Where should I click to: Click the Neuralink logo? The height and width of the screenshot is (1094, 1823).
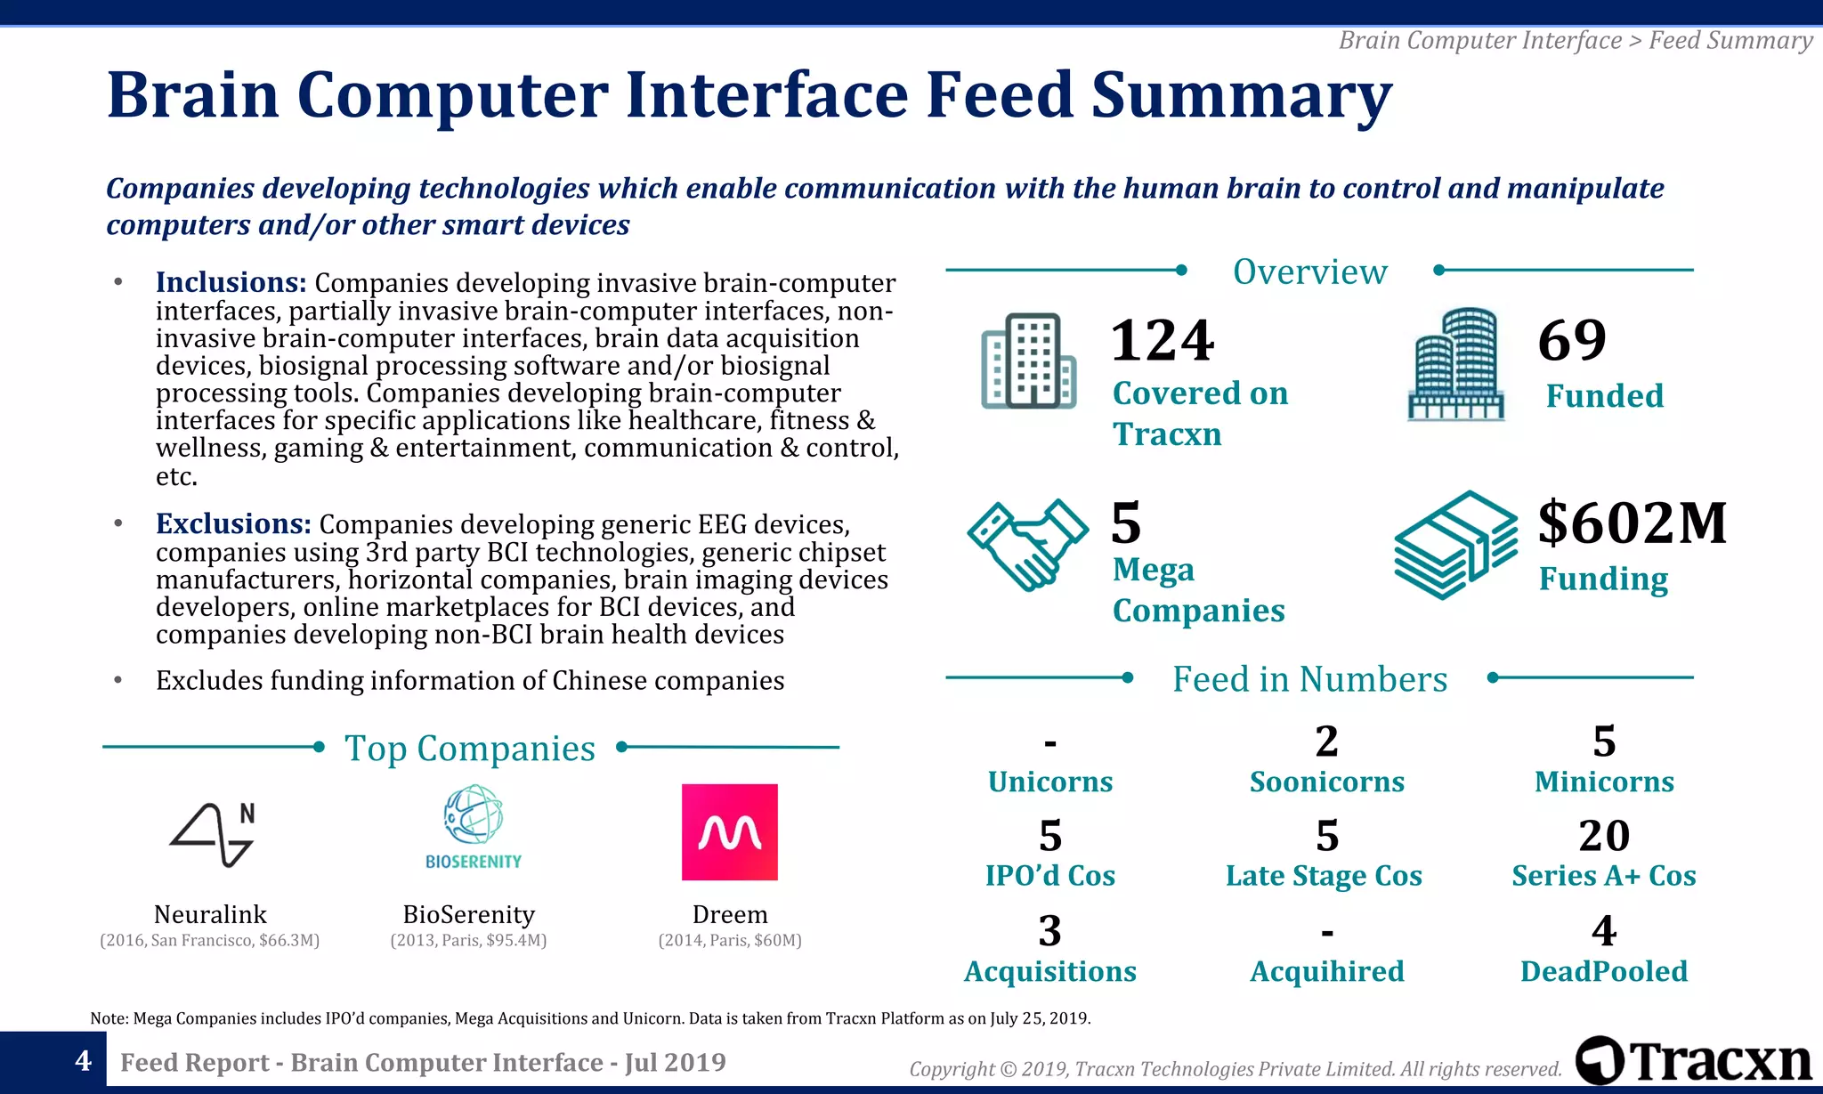[x=212, y=834]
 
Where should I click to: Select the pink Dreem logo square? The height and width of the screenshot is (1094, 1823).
[x=729, y=832]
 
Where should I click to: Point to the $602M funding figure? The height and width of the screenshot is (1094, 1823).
[x=1632, y=523]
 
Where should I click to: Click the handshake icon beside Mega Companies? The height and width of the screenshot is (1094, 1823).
[x=1028, y=544]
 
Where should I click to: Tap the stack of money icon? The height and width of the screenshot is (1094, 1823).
[x=1455, y=544]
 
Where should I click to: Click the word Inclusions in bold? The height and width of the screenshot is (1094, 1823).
[x=231, y=282]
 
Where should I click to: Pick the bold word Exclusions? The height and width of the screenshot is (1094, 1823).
[x=233, y=523]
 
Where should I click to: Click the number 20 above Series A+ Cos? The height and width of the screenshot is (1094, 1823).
[x=1604, y=836]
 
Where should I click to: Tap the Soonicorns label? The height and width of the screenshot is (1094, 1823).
[x=1326, y=782]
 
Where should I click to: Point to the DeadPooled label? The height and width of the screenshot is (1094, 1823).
[x=1603, y=971]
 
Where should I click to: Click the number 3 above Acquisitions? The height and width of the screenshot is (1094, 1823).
[x=1049, y=931]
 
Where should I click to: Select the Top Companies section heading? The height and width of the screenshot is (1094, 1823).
[x=470, y=749]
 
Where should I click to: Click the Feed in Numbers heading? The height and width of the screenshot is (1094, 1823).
[x=1309, y=679]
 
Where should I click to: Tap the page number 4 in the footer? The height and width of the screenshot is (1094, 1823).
[x=83, y=1061]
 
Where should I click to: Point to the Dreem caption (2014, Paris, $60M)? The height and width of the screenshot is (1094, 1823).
[x=730, y=940]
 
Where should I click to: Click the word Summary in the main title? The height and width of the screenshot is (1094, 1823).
[x=1241, y=95]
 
